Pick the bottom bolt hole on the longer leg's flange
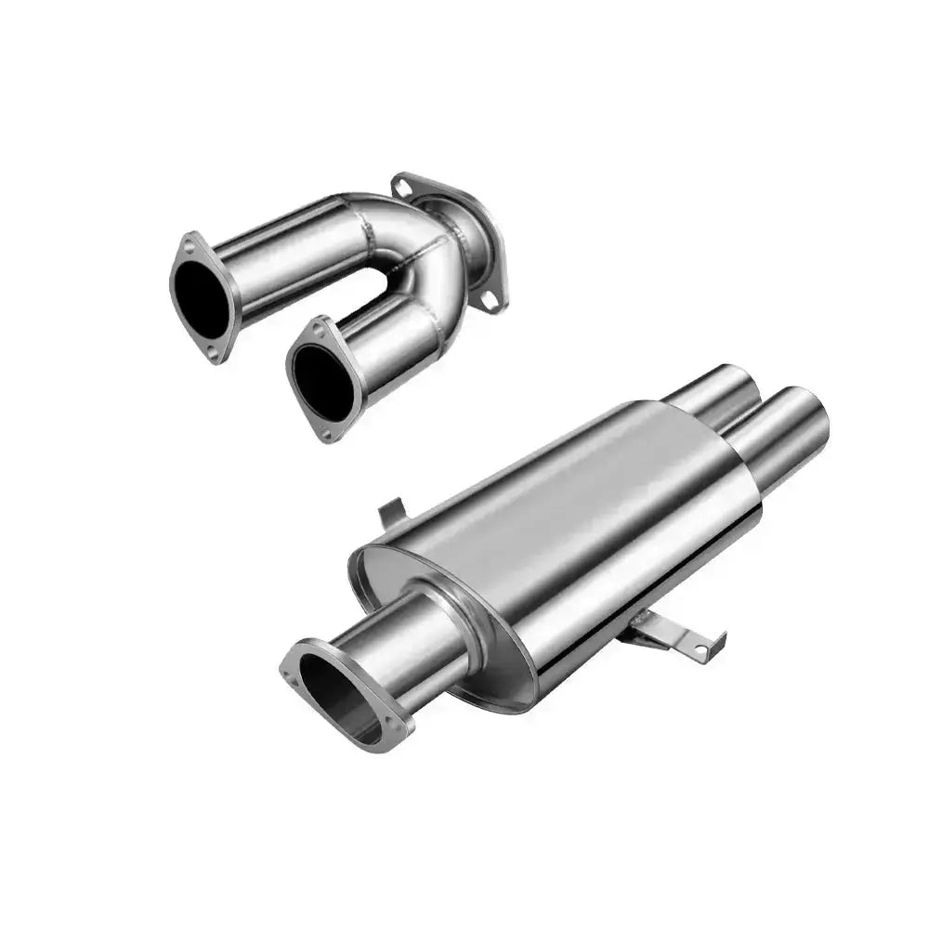(x=213, y=352)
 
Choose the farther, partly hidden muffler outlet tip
(x=715, y=390)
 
